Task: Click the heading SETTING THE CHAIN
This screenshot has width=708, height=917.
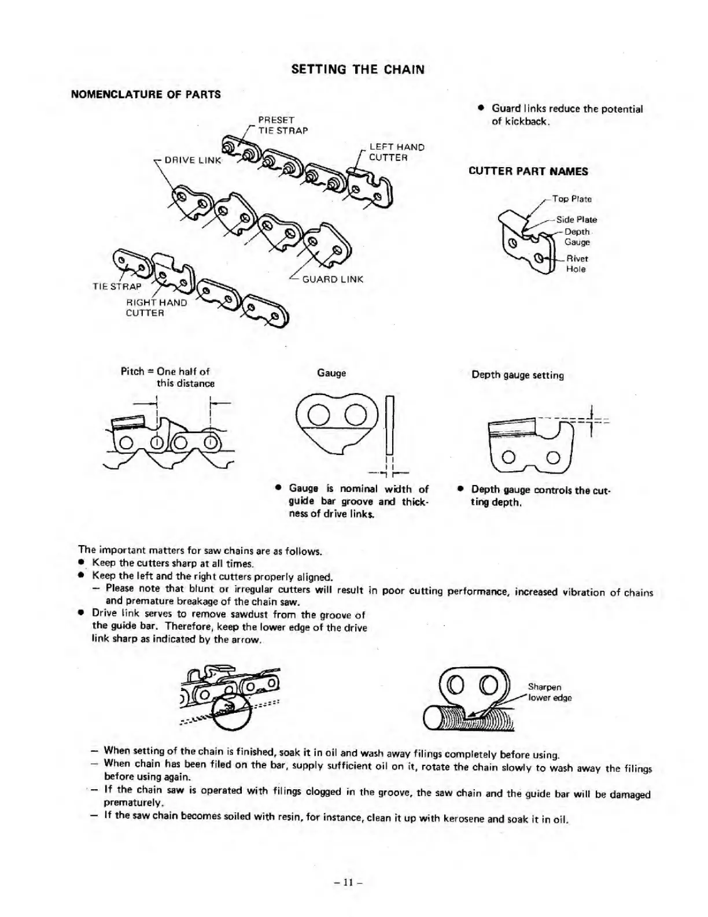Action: click(x=358, y=70)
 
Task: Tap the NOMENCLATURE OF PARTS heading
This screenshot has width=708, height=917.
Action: click(x=145, y=94)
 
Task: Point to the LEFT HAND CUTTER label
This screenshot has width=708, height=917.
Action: click(x=396, y=152)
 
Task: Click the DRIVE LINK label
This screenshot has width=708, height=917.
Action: click(x=193, y=160)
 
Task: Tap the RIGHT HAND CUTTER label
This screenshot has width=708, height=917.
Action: click(x=156, y=308)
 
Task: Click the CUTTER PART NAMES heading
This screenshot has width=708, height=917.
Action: click(x=528, y=171)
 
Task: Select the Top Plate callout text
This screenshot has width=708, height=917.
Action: click(x=571, y=199)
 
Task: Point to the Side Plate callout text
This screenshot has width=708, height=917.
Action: click(x=576, y=220)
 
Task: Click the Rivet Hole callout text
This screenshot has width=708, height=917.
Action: click(x=576, y=264)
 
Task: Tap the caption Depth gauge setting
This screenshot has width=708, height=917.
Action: click(x=517, y=375)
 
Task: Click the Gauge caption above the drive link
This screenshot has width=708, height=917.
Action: click(x=331, y=374)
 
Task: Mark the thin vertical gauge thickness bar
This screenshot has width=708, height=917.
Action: click(x=389, y=425)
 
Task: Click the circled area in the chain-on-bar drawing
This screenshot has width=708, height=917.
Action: click(x=231, y=709)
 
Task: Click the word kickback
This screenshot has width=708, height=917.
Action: click(x=519, y=121)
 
